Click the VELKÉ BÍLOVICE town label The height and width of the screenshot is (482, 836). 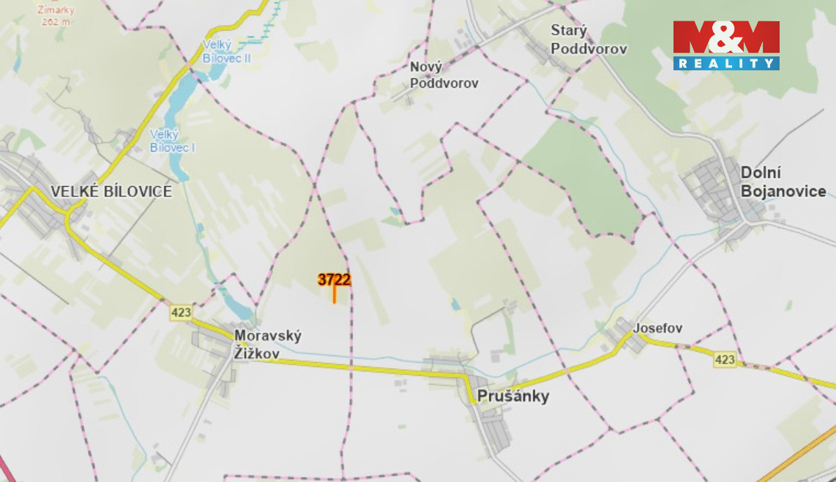pyautogui.click(x=111, y=192)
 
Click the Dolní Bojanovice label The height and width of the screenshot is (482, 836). pyautogui.click(x=783, y=182)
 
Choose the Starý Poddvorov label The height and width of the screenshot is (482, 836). pyautogui.click(x=588, y=40)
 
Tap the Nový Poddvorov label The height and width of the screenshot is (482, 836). pyautogui.click(x=444, y=75)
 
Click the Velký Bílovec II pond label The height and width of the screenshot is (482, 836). pyautogui.click(x=226, y=51)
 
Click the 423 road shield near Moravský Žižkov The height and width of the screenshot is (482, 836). pyautogui.click(x=181, y=313)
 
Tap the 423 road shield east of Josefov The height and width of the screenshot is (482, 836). pyautogui.click(x=725, y=359)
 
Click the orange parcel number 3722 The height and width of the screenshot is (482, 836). pyautogui.click(x=334, y=279)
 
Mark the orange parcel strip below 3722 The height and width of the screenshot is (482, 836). pyautogui.click(x=335, y=295)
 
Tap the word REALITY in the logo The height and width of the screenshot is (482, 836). pyautogui.click(x=725, y=64)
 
